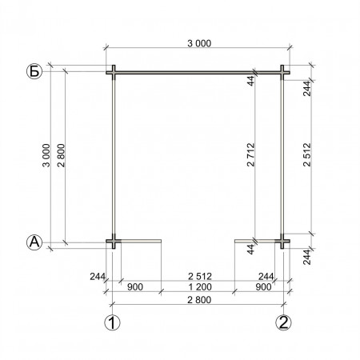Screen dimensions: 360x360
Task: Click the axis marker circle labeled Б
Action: [x=34, y=72]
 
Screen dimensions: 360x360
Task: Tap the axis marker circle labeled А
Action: [x=34, y=242]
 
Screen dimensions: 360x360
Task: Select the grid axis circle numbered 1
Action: [x=112, y=322]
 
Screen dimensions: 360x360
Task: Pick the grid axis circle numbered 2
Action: [x=283, y=322]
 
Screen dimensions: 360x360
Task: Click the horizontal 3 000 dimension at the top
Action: [x=199, y=43]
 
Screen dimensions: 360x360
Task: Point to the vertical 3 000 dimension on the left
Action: [x=46, y=155]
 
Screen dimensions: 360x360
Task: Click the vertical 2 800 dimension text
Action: [x=61, y=155]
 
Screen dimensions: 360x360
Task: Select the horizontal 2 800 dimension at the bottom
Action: [x=199, y=300]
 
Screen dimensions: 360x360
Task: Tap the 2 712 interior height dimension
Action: [x=251, y=155]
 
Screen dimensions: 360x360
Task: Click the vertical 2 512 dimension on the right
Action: [x=307, y=155]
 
